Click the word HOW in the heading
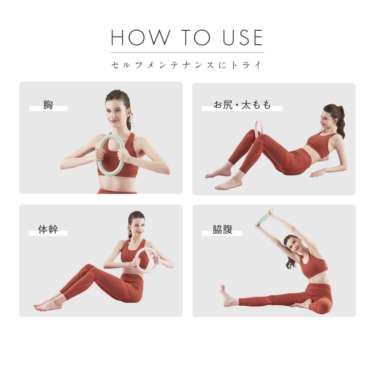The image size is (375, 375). click(140, 37)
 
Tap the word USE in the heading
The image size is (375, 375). click(243, 37)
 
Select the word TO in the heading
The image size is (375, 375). click(196, 37)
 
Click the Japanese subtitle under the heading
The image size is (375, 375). click(187, 65)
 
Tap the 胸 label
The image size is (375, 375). click(48, 105)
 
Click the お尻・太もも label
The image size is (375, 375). click(242, 105)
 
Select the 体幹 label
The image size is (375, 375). click(48, 229)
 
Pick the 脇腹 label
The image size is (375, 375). click(223, 229)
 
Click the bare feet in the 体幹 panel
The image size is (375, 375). click(48, 305)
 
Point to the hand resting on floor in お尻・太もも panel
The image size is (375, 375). click(318, 173)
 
